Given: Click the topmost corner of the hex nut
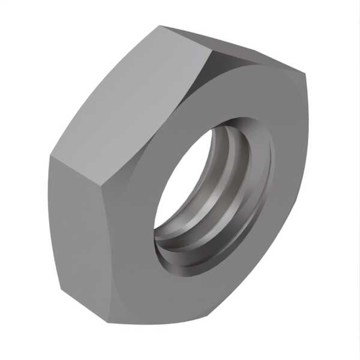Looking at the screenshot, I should [161, 26].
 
